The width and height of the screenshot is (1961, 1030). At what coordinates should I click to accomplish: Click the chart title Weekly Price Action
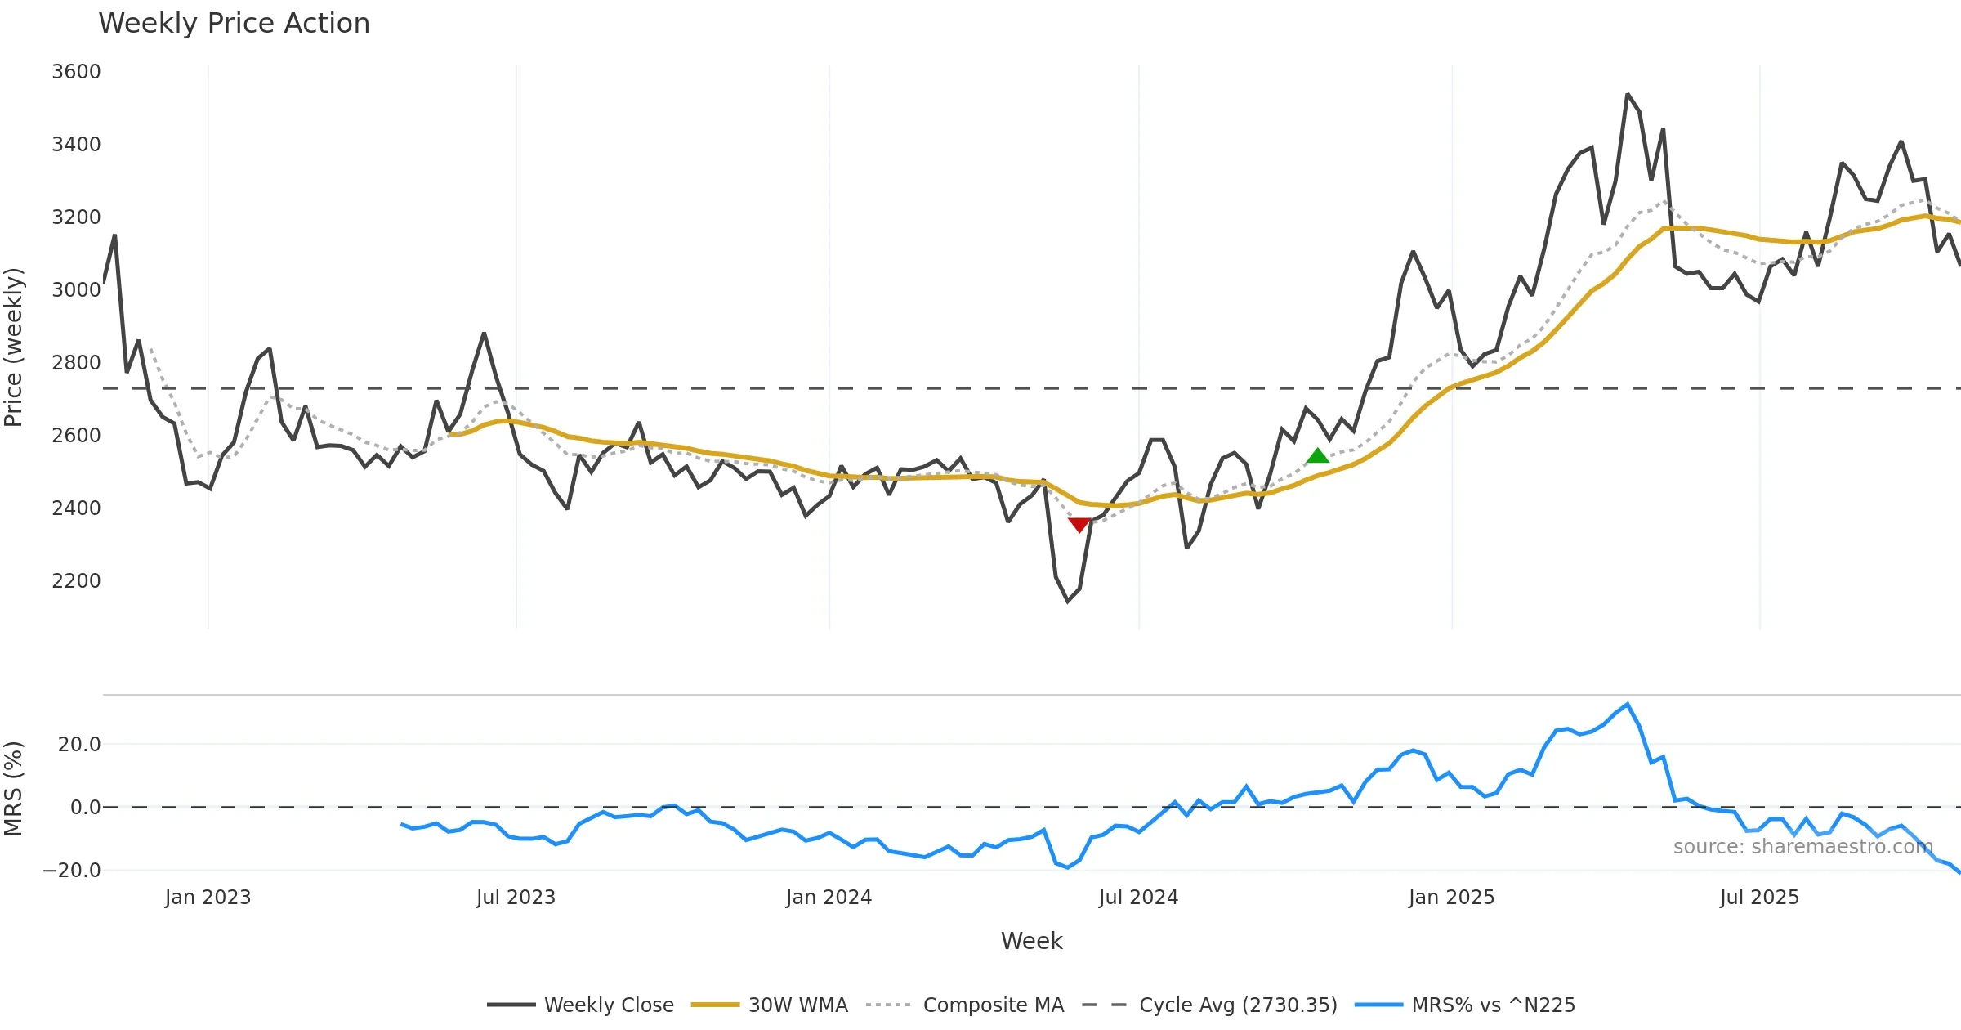[x=234, y=24]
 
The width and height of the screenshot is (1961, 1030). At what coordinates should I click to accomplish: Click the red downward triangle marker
[x=1079, y=525]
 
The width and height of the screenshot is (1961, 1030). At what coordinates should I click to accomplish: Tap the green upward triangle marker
[x=1318, y=456]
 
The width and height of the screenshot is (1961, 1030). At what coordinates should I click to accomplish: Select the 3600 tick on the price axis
[x=76, y=72]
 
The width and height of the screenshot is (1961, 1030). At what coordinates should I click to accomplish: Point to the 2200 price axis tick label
[x=76, y=581]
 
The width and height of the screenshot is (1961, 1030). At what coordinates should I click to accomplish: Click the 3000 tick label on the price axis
[x=76, y=290]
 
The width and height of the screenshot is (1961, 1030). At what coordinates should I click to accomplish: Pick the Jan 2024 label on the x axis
[x=829, y=898]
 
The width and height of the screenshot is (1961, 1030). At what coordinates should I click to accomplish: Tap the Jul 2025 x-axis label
[x=1759, y=898]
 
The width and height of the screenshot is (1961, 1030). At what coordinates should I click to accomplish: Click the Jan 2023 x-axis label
[x=208, y=898]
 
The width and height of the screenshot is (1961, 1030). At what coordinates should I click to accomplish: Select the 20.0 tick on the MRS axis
[x=79, y=745]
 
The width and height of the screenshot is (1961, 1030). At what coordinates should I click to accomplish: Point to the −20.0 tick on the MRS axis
[x=72, y=871]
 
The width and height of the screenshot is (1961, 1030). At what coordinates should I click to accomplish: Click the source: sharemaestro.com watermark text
[x=1802, y=847]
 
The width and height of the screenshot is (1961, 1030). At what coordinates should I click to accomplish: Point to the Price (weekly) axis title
[x=14, y=347]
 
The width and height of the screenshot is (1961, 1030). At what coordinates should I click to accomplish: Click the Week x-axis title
[x=1031, y=942]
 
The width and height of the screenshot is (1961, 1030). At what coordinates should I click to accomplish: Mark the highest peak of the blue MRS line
[x=1628, y=704]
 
